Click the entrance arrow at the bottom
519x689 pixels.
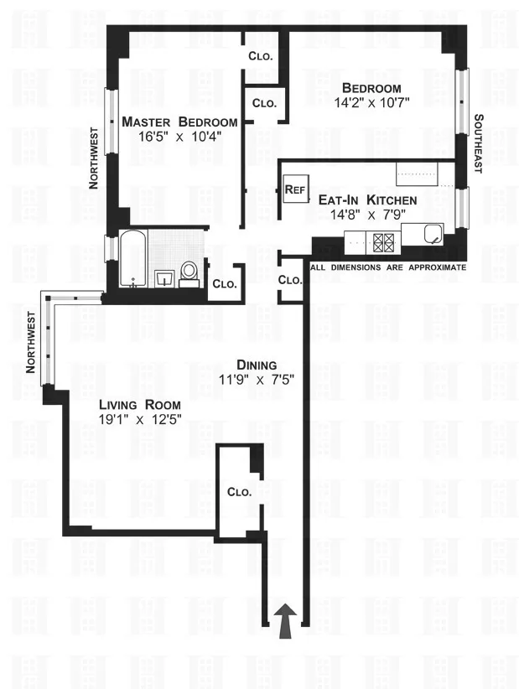[x=286, y=621]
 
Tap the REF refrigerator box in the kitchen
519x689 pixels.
[x=294, y=189]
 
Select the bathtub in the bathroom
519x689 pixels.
[x=134, y=258]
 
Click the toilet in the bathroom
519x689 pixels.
[x=189, y=272]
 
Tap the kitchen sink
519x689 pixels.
[x=433, y=234]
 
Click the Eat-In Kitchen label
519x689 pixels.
[x=367, y=200]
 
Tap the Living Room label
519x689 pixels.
[x=139, y=404]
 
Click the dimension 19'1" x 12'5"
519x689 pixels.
[x=139, y=419]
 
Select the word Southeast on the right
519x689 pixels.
[x=478, y=143]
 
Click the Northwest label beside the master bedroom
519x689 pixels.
[x=96, y=158]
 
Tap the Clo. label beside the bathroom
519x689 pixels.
[x=224, y=284]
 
